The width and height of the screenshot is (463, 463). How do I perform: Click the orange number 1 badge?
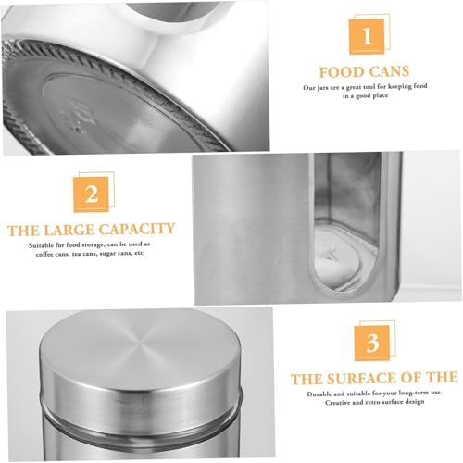coord(367,36)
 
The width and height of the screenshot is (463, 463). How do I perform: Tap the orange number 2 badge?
coord(92,194)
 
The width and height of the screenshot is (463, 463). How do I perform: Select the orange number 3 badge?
coord(372,343)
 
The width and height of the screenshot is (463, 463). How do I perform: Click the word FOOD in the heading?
coord(342,72)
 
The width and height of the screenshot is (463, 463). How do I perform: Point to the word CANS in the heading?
coord(389,71)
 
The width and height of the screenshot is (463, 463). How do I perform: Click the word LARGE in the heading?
coord(69,231)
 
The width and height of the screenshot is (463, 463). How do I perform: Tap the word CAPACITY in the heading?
coord(137,230)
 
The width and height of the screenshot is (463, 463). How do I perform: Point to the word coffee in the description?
coord(44,255)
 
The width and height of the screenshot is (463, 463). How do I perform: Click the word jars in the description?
coord(323,88)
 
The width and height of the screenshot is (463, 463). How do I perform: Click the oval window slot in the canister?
coord(345,222)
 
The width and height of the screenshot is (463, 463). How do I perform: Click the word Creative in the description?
coord(337,403)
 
